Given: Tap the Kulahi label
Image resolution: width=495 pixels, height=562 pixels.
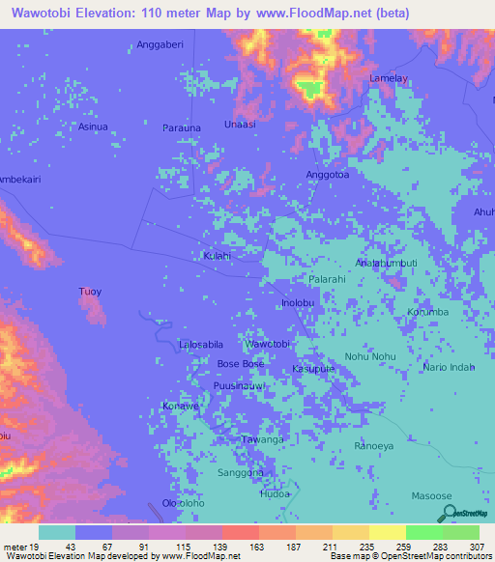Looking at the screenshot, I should (217, 256).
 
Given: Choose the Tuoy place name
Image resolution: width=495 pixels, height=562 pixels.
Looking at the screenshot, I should (89, 291).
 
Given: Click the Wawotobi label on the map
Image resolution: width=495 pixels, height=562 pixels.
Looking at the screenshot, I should (267, 344).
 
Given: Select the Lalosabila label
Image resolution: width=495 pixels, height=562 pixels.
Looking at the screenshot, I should (201, 344).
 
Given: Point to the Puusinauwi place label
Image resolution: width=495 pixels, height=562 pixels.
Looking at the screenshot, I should (239, 386).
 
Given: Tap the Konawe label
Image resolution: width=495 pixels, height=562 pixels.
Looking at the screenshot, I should (180, 407).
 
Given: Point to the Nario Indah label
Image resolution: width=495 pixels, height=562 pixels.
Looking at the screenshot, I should (450, 367).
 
